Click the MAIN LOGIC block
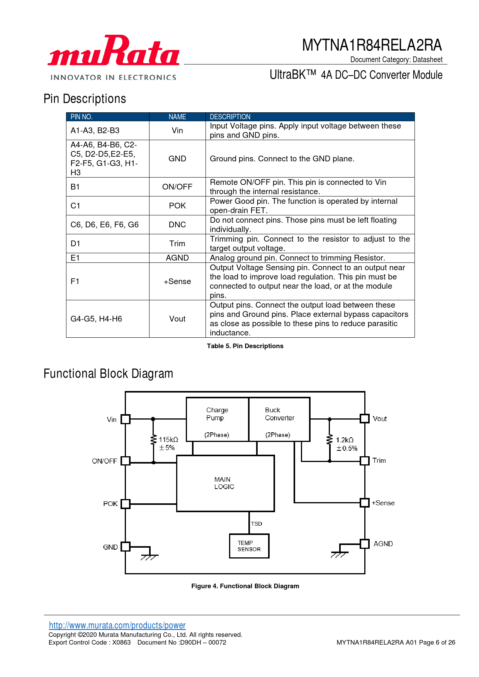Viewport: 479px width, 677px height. [225, 483]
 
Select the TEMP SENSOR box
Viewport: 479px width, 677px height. [249, 546]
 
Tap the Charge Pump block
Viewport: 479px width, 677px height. [217, 419]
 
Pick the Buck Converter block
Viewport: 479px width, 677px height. [279, 419]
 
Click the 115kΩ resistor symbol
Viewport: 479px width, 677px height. [153, 440]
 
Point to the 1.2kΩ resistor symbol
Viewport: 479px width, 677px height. [330, 440]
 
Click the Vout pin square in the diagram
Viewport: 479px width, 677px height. [364, 419]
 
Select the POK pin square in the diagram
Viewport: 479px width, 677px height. [126, 504]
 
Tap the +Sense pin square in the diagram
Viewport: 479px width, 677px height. [364, 503]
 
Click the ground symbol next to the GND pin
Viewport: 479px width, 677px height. [149, 556]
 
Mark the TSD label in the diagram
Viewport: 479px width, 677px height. [256, 524]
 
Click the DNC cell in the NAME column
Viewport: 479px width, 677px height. [177, 225]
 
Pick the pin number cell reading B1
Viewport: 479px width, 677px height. [75, 187]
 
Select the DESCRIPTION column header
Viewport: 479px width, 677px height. [230, 117]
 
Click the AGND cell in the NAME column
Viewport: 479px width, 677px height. [177, 258]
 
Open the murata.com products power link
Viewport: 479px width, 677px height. [117, 625]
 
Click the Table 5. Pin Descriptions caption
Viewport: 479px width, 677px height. [245, 346]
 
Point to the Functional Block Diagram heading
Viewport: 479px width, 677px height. [108, 374]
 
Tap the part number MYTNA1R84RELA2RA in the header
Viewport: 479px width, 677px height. [372, 45]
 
